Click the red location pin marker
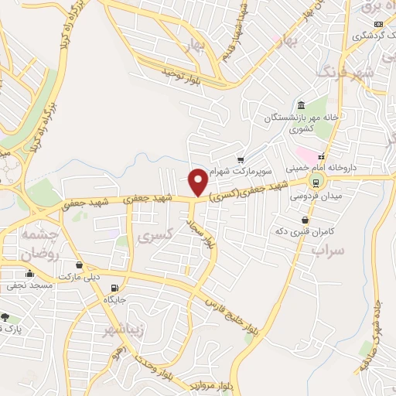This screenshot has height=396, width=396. (199, 182)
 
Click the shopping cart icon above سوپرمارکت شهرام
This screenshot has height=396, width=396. (241, 159)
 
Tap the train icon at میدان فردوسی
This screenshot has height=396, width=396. (315, 181)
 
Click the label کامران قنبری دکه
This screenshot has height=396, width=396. (309, 231)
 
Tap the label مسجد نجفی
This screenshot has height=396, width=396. (30, 285)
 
